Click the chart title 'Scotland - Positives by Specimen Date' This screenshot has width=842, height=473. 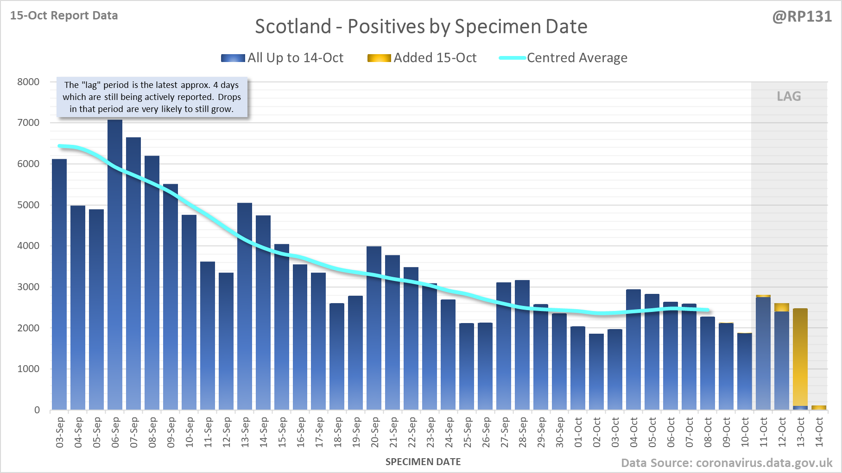coord(421,26)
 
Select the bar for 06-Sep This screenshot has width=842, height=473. coord(115,264)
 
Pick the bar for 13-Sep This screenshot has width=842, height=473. coord(245,305)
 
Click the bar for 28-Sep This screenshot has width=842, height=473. coord(522,345)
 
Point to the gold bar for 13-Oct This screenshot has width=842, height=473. coord(800,356)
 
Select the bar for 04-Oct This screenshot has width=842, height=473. coord(633,349)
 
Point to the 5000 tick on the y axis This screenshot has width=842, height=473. coord(28,205)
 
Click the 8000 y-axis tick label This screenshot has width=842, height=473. coord(28,82)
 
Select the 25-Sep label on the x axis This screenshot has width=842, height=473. coord(467,432)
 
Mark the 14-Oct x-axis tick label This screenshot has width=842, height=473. coord(819,432)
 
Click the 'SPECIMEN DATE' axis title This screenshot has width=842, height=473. coord(423,462)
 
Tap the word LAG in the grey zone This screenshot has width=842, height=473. coord(789,96)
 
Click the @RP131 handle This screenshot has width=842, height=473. coord(802,17)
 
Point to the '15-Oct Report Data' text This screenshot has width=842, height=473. coord(64,15)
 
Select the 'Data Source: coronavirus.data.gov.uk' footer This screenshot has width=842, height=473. coord(727,463)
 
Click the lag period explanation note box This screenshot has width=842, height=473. coord(152,97)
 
